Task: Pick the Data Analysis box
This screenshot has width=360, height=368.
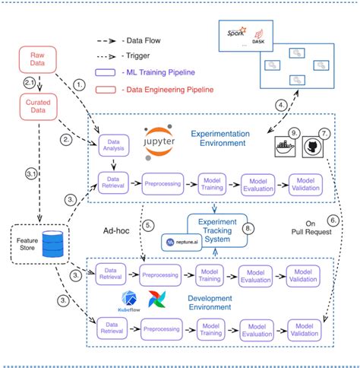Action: [x=115, y=146]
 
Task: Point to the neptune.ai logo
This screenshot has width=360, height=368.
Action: [x=180, y=243]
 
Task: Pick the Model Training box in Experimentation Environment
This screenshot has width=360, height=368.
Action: [x=210, y=182]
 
